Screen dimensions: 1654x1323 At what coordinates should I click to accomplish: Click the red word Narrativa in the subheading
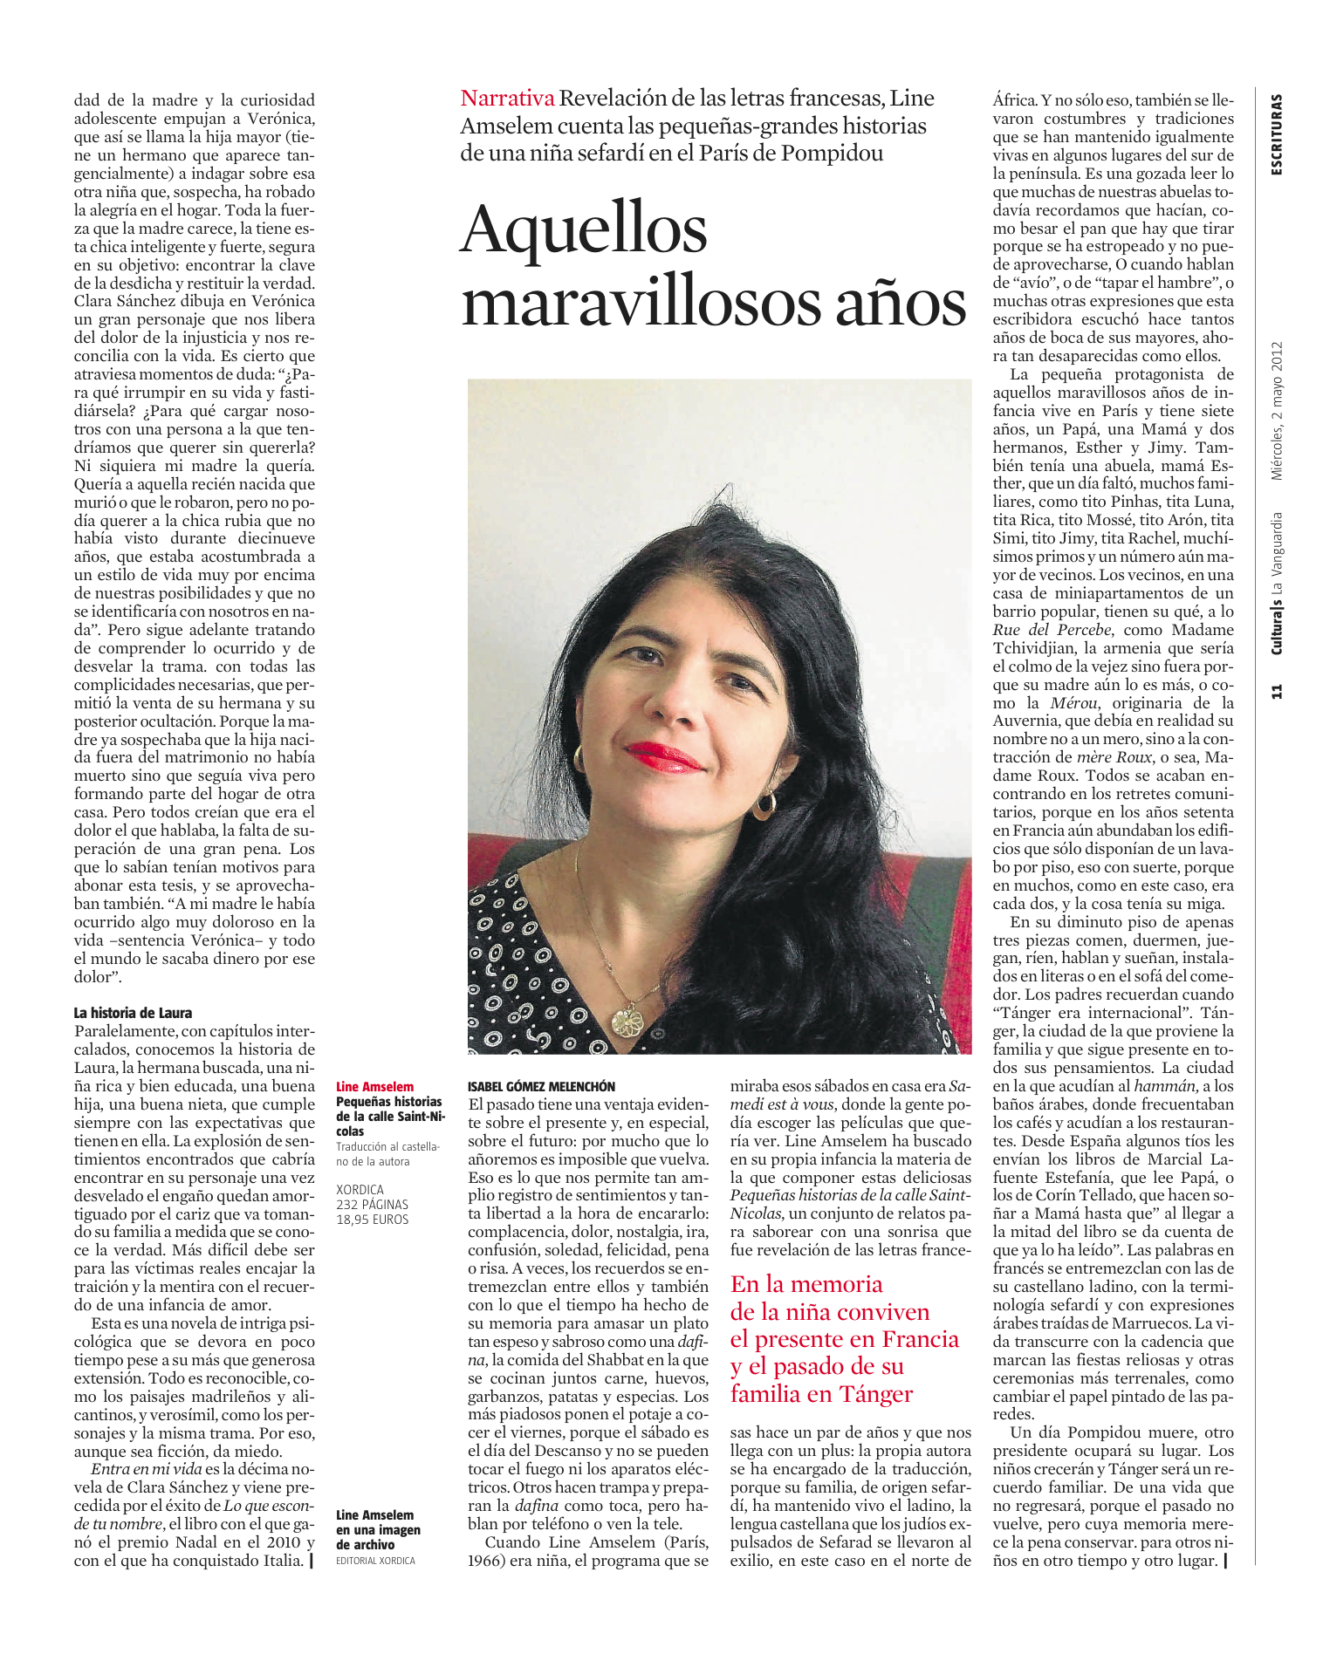point(507,99)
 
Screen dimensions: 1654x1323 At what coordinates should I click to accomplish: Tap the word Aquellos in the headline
point(584,230)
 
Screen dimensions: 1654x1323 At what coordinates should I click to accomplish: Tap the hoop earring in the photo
point(764,804)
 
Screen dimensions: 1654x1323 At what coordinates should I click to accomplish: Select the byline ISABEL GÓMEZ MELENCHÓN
point(541,1086)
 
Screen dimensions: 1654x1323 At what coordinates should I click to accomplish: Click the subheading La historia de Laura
point(133,1013)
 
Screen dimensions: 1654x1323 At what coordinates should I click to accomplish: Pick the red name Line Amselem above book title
point(374,1087)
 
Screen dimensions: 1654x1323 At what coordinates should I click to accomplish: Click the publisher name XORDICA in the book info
point(360,1189)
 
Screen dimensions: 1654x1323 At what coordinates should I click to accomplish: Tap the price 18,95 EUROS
point(372,1219)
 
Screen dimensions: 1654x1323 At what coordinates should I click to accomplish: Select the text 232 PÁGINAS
point(372,1204)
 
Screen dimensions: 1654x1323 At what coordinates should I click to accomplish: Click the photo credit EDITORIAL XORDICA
point(375,1561)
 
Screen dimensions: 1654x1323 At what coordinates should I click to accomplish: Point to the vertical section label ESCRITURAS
point(1277,134)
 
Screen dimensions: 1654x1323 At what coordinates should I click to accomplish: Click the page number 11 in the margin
point(1277,692)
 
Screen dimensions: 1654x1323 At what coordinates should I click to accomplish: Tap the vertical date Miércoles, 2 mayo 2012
point(1277,410)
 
